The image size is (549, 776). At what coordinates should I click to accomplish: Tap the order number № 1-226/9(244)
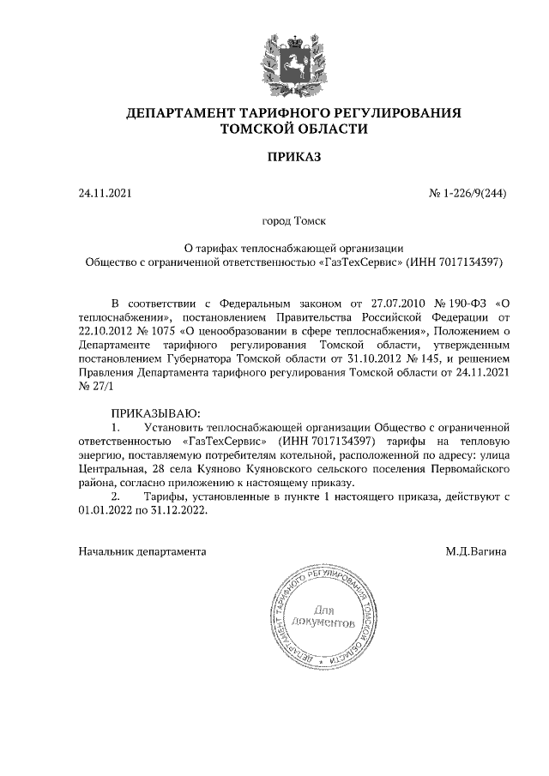[468, 194]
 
